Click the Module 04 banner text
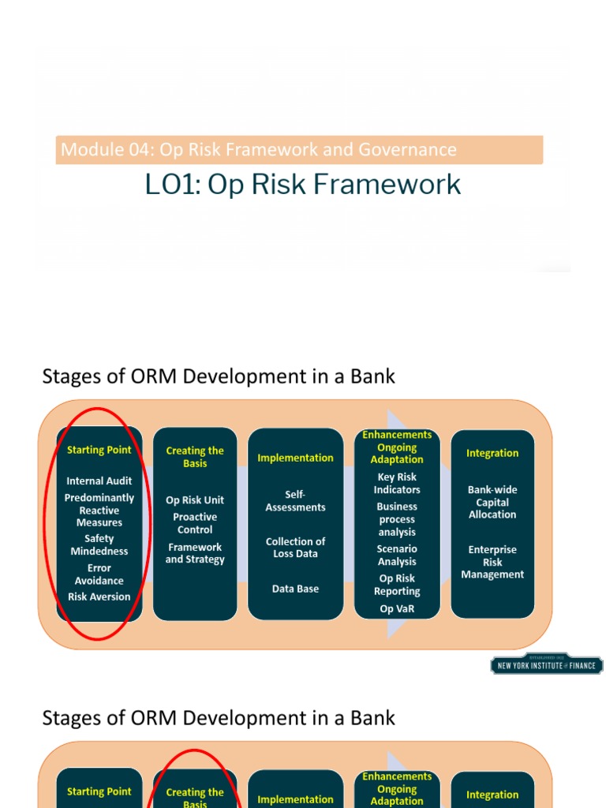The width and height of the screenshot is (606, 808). (259, 149)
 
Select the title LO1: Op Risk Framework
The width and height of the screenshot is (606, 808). (303, 184)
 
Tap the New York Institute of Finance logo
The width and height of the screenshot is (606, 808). (546, 664)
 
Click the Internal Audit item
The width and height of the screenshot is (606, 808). (99, 481)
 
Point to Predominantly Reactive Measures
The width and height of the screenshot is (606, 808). (99, 510)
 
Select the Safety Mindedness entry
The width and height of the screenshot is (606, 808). (99, 544)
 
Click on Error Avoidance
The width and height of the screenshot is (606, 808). (99, 574)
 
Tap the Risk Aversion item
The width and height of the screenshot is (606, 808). (99, 597)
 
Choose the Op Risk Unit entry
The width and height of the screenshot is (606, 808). (195, 499)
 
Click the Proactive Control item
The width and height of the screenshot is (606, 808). (195, 523)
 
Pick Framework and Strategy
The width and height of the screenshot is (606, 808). (195, 553)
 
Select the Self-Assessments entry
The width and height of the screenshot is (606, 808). (295, 501)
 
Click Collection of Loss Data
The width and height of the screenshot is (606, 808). (295, 547)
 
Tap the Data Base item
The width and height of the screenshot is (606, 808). (295, 589)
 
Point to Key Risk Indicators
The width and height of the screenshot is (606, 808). (397, 483)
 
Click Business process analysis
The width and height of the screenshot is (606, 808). (397, 519)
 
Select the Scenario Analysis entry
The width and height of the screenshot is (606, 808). (397, 555)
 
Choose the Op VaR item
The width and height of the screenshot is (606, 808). (397, 608)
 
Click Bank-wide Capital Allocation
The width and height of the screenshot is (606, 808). (492, 502)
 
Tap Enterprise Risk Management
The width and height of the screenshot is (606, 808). (492, 562)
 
